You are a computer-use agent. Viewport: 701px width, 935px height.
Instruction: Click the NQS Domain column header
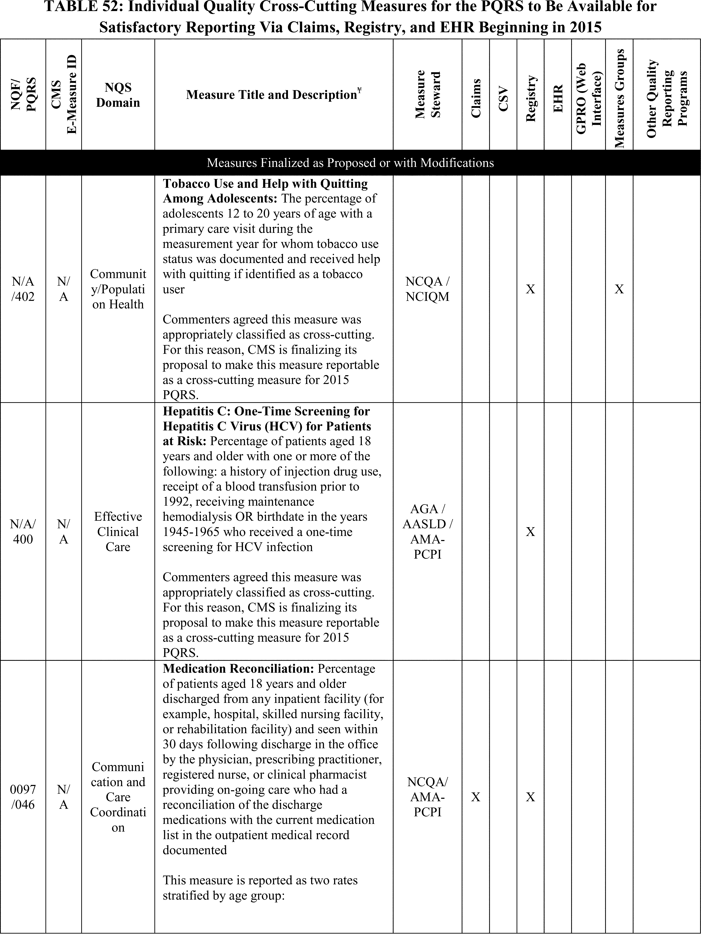tap(118, 95)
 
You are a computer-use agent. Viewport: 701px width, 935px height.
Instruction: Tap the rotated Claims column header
tap(476, 98)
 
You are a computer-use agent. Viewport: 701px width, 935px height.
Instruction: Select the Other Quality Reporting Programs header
tap(667, 99)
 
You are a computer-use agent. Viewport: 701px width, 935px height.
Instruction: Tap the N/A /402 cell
tap(23, 289)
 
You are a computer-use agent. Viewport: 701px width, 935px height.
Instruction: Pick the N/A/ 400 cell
tap(23, 532)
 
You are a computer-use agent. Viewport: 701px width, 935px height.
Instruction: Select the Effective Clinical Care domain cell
tap(118, 532)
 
